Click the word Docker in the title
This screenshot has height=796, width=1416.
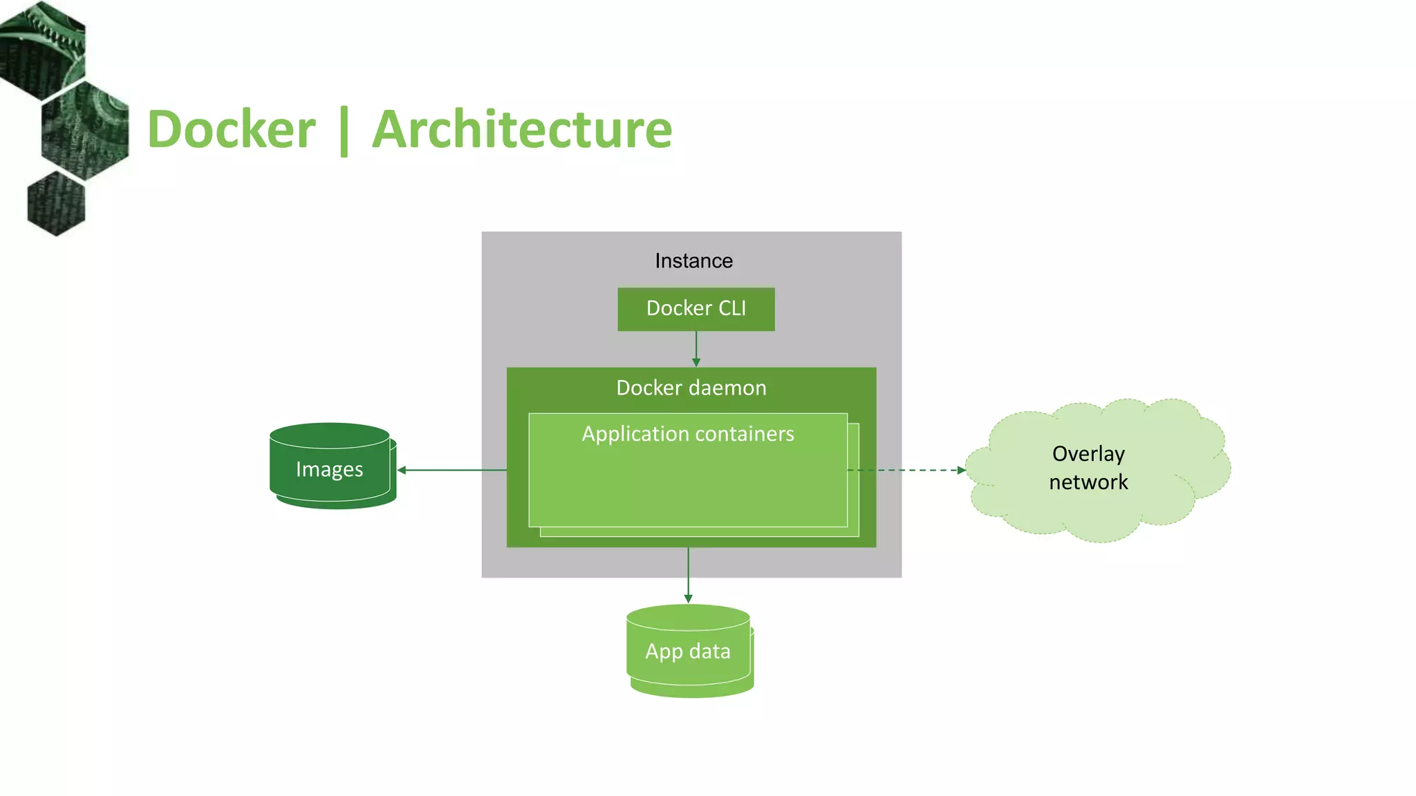[x=232, y=129]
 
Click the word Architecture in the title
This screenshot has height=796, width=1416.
[x=522, y=129]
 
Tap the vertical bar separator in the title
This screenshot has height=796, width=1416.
[x=344, y=131]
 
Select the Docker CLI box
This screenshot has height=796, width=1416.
[x=696, y=309]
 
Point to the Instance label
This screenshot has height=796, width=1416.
[x=693, y=260]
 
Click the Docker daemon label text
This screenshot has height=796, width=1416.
[x=691, y=388]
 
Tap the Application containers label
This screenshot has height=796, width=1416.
[x=687, y=434]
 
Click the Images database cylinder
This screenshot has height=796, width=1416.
[x=330, y=468]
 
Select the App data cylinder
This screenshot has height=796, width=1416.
[x=688, y=651]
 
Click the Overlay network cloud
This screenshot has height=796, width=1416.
[x=1098, y=470]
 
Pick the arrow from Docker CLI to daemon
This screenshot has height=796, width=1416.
[x=696, y=348]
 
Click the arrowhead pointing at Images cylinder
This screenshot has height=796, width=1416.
[x=402, y=470]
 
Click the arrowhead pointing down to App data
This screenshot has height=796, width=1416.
[x=688, y=598]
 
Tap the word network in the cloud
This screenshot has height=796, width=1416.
[x=1088, y=482]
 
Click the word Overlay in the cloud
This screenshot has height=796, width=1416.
[x=1088, y=453]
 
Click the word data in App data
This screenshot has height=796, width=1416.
[x=709, y=651]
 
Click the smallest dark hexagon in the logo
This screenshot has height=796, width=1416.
[x=56, y=205]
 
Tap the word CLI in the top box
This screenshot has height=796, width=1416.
[x=732, y=308]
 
